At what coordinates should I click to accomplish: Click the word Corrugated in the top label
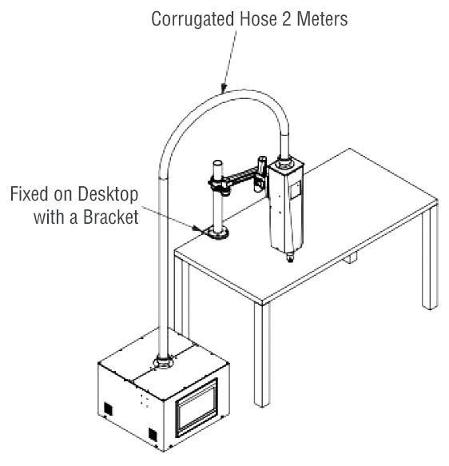[193, 20]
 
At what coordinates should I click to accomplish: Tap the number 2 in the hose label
[287, 19]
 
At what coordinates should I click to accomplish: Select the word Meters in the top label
[322, 19]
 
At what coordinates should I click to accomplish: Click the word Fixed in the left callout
[29, 193]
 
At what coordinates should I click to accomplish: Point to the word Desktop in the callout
[108, 195]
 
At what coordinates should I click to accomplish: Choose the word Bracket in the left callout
[111, 217]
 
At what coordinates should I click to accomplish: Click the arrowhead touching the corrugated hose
[224, 88]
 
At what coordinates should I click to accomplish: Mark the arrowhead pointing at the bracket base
[196, 229]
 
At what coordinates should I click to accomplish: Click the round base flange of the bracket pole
[217, 232]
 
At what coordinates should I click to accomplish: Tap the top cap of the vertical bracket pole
[217, 163]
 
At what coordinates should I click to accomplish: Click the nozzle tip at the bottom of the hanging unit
[289, 257]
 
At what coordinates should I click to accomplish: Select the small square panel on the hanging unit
[295, 190]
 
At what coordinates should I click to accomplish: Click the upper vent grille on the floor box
[108, 408]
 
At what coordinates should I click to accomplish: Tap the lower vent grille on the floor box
[153, 435]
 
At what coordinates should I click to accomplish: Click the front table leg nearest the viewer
[262, 353]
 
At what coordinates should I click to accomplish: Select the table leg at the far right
[430, 257]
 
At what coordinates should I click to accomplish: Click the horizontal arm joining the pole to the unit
[239, 177]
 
